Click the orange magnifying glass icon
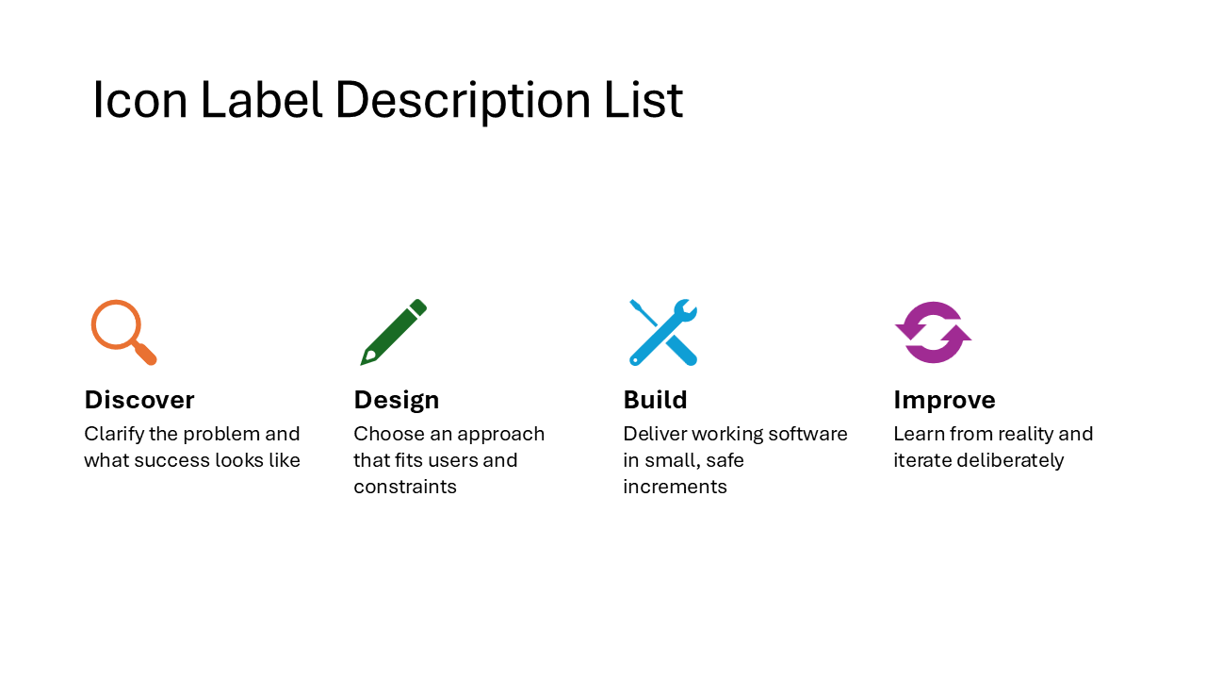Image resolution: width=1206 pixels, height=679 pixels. point(122,331)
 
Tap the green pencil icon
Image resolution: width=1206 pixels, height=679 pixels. point(393,333)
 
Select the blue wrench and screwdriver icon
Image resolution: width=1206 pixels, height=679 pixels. point(663,332)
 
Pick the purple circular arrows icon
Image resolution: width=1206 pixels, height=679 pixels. point(933,332)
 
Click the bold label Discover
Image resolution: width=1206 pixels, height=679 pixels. point(139,400)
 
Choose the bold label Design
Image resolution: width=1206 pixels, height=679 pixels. point(397,400)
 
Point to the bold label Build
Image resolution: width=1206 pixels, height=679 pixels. point(655,400)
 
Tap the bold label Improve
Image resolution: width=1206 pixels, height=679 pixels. point(944,400)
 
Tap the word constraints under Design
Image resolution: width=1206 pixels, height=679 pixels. point(405,487)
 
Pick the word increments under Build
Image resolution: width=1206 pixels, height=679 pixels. point(675,487)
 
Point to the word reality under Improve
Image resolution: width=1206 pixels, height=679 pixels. point(1019,434)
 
